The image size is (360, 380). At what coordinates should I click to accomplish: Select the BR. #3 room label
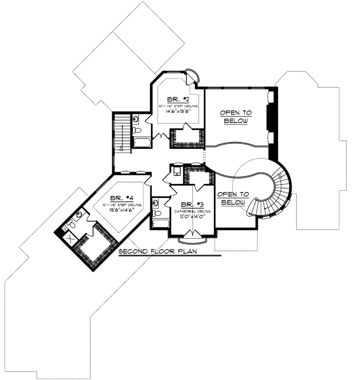(192, 204)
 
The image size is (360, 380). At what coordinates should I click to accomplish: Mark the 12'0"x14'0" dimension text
(192, 217)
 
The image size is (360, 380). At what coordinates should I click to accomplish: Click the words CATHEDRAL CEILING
(192, 211)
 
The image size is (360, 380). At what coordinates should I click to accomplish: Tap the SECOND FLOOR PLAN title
(158, 251)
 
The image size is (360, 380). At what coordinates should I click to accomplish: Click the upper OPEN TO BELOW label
(236, 117)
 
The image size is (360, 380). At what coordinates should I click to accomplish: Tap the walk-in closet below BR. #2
(187, 136)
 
